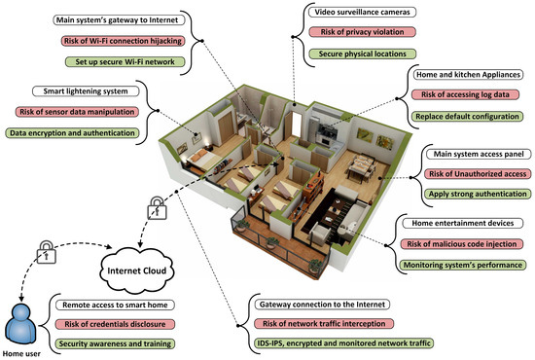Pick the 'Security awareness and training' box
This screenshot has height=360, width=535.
click(116, 343)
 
